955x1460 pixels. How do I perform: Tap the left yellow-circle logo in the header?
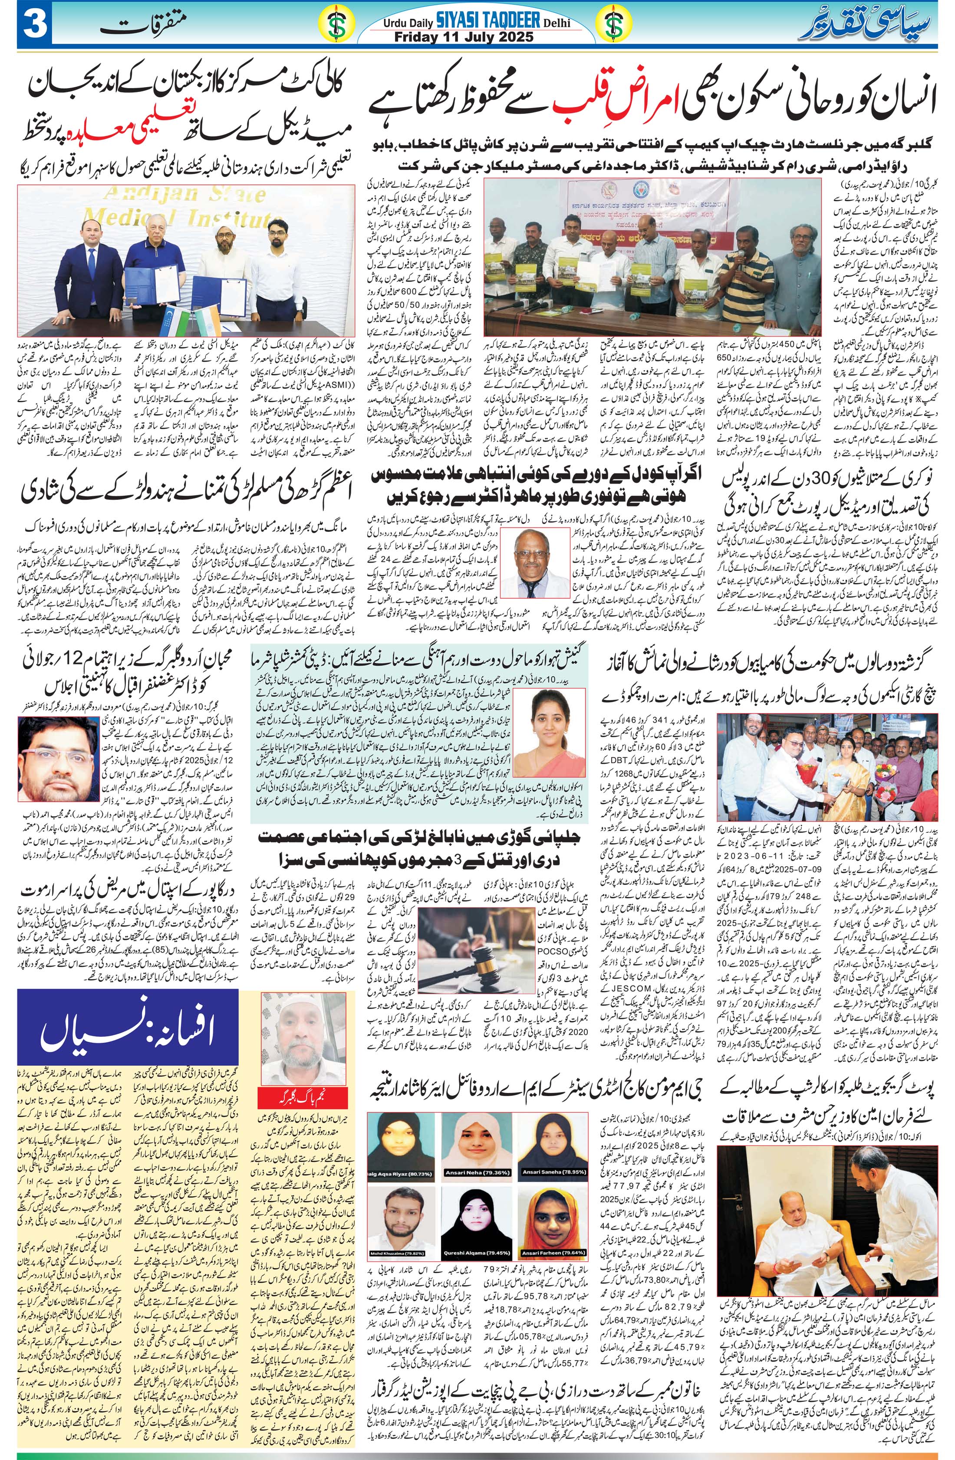(335, 25)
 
